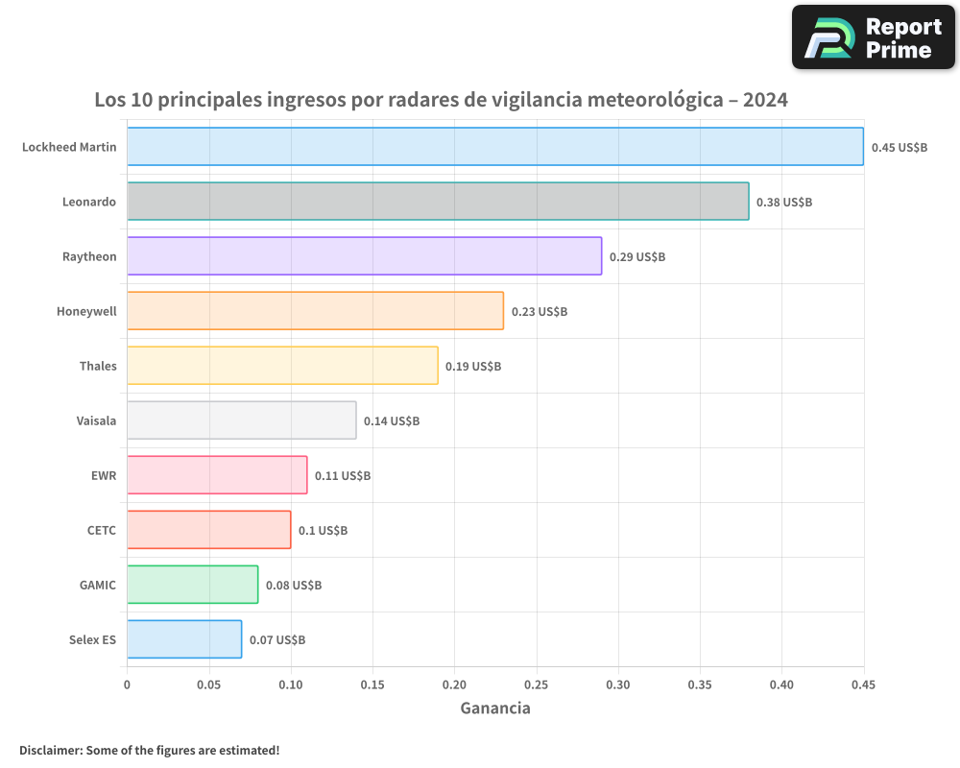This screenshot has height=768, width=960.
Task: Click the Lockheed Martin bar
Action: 495,147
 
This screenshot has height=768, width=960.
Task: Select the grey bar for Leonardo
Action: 438,202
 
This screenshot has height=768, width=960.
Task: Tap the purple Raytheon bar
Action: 365,256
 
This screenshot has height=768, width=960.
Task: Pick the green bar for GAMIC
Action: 192,585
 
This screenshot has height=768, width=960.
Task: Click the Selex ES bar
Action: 184,639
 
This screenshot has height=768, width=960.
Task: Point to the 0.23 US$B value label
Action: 540,312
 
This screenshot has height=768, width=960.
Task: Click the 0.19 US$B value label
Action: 473,367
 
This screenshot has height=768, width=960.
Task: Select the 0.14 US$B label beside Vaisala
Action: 392,421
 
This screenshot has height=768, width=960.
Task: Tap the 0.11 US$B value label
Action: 343,476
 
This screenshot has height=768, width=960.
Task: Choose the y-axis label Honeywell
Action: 86,311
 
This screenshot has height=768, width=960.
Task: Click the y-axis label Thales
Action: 98,366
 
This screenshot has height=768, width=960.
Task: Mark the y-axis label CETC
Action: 101,530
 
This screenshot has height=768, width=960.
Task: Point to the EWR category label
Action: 103,475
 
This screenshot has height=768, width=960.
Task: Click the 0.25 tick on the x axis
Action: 537,685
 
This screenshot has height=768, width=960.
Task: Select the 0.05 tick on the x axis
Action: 209,685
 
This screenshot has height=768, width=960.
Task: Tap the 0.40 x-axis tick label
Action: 782,685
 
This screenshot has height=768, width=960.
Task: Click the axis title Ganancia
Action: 495,708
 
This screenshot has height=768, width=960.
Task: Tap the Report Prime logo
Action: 874,37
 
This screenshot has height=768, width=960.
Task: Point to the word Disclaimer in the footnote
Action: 49,750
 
